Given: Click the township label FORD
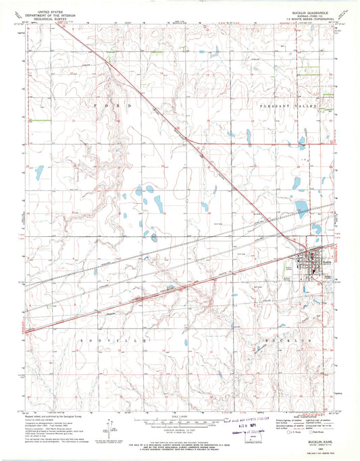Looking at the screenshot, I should tap(111, 107).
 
